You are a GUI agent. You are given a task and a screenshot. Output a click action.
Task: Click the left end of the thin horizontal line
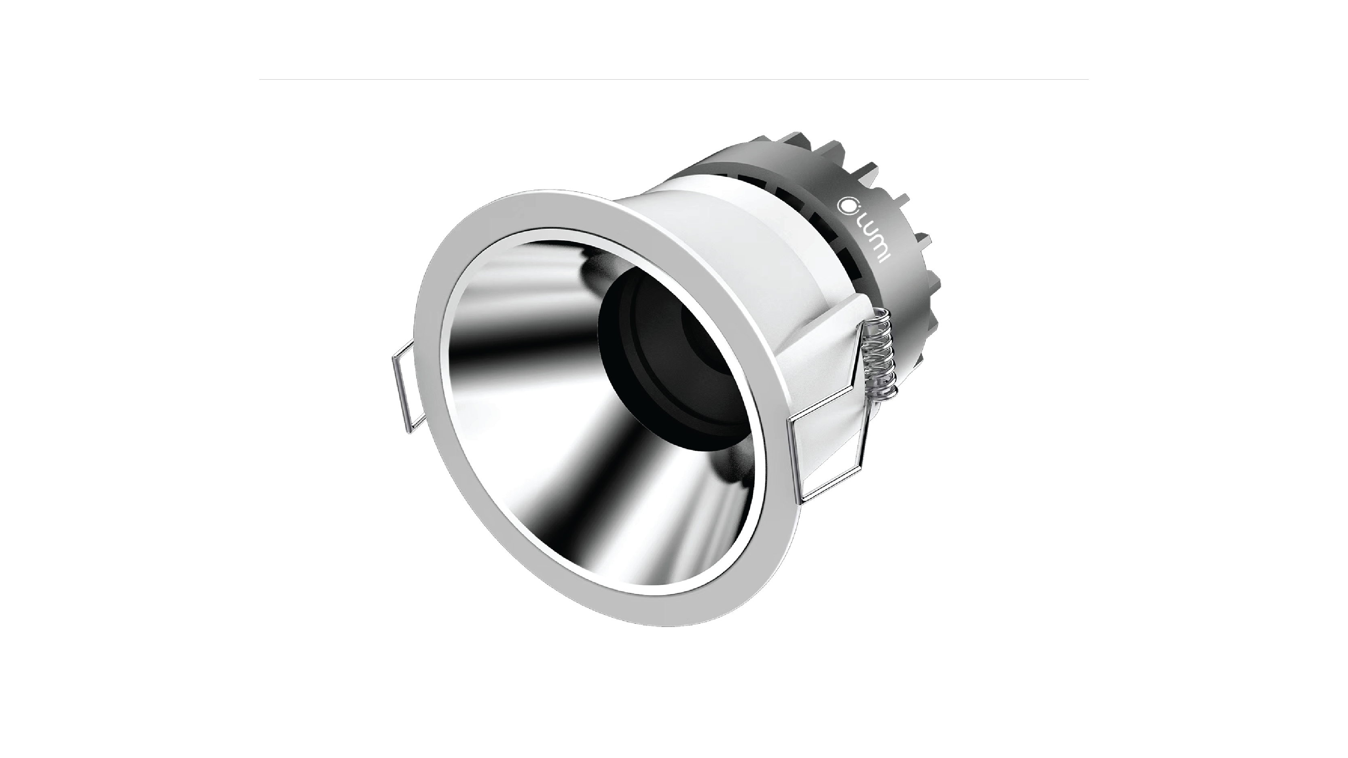click(260, 80)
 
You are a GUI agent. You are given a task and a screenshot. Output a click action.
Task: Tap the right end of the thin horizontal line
click(1088, 80)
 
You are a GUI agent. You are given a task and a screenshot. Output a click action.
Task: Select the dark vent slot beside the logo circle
click(816, 220)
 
